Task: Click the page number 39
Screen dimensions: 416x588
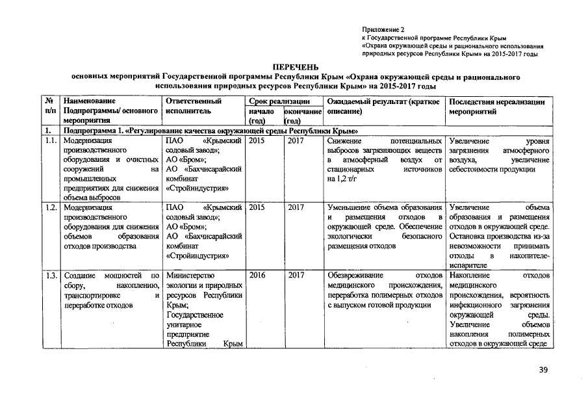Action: point(543,370)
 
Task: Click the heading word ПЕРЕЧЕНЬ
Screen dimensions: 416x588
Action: point(294,67)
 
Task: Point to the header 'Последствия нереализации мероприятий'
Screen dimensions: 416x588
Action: point(496,107)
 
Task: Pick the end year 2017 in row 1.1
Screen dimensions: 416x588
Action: point(296,140)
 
